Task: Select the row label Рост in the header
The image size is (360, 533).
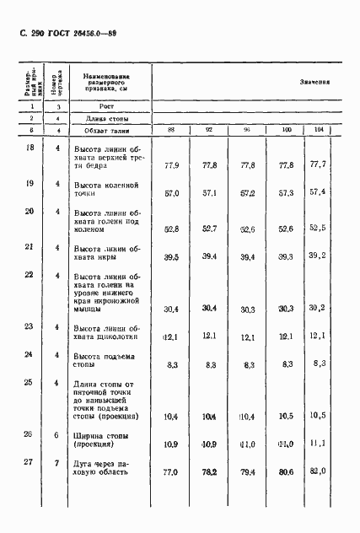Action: click(105, 107)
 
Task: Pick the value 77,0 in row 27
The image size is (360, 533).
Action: click(172, 473)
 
